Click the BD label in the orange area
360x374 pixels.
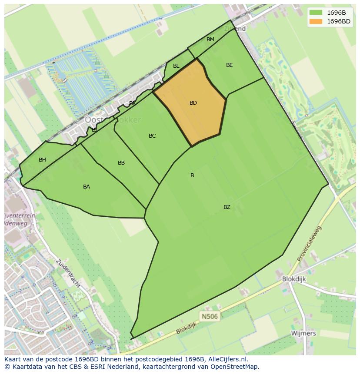point(193,103)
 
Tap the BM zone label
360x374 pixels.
point(210,40)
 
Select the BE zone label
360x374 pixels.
point(230,65)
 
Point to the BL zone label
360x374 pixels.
point(176,66)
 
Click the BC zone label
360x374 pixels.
point(152,136)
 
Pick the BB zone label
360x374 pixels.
point(121,163)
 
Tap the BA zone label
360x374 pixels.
point(87,187)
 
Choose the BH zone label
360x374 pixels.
point(42,160)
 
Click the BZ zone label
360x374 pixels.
point(227,207)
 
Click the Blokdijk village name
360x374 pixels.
point(294,279)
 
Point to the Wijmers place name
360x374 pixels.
point(304,333)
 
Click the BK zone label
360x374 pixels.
point(132,103)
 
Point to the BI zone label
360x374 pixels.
point(94,130)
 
